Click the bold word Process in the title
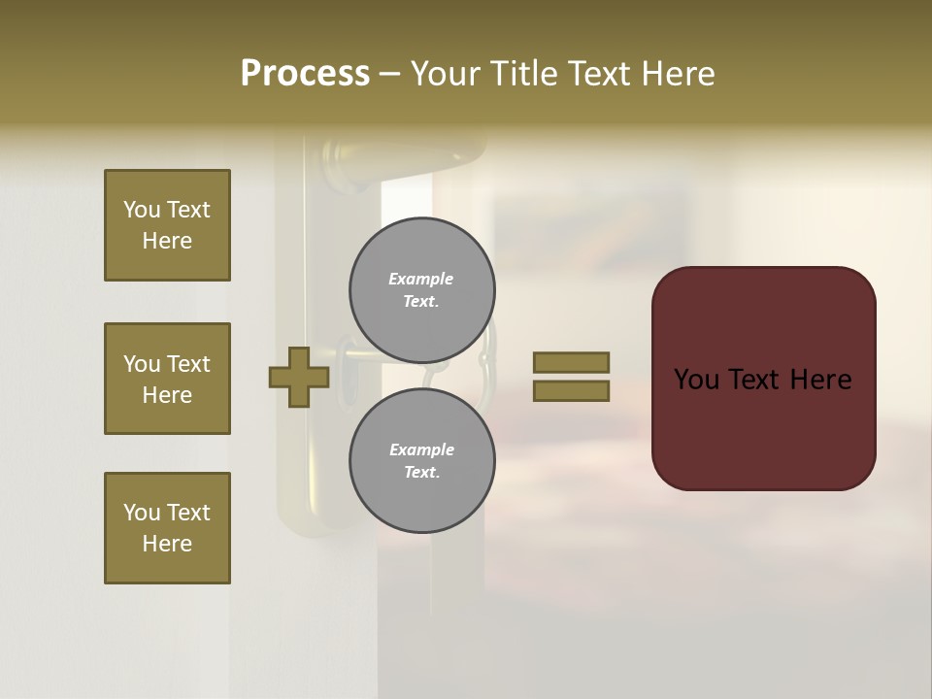tap(305, 74)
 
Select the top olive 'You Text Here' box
tap(167, 225)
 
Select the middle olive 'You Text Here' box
tap(167, 379)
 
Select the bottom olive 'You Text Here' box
tap(167, 528)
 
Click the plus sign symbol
tap(298, 377)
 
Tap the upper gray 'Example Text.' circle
tap(421, 289)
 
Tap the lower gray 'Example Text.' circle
tap(421, 460)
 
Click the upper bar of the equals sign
tap(571, 362)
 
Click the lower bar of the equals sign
tap(571, 390)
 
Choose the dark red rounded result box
tap(763, 379)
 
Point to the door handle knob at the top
tap(345, 155)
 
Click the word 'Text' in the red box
tap(763, 380)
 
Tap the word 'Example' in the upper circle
tap(421, 279)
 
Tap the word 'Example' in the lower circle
tap(421, 449)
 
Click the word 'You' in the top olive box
tap(142, 210)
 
